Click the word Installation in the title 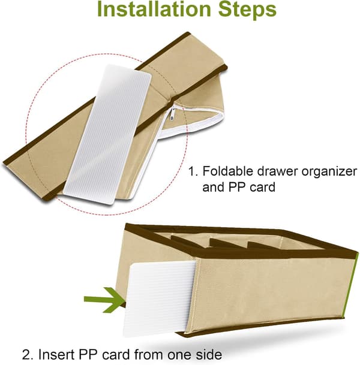[x=154, y=9]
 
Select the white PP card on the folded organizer [x=107, y=134]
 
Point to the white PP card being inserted [x=160, y=298]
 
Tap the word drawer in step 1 [x=277, y=171]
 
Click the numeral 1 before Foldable [x=191, y=171]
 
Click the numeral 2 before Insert [x=26, y=355]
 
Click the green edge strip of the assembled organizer [x=352, y=286]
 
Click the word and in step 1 [x=213, y=187]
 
